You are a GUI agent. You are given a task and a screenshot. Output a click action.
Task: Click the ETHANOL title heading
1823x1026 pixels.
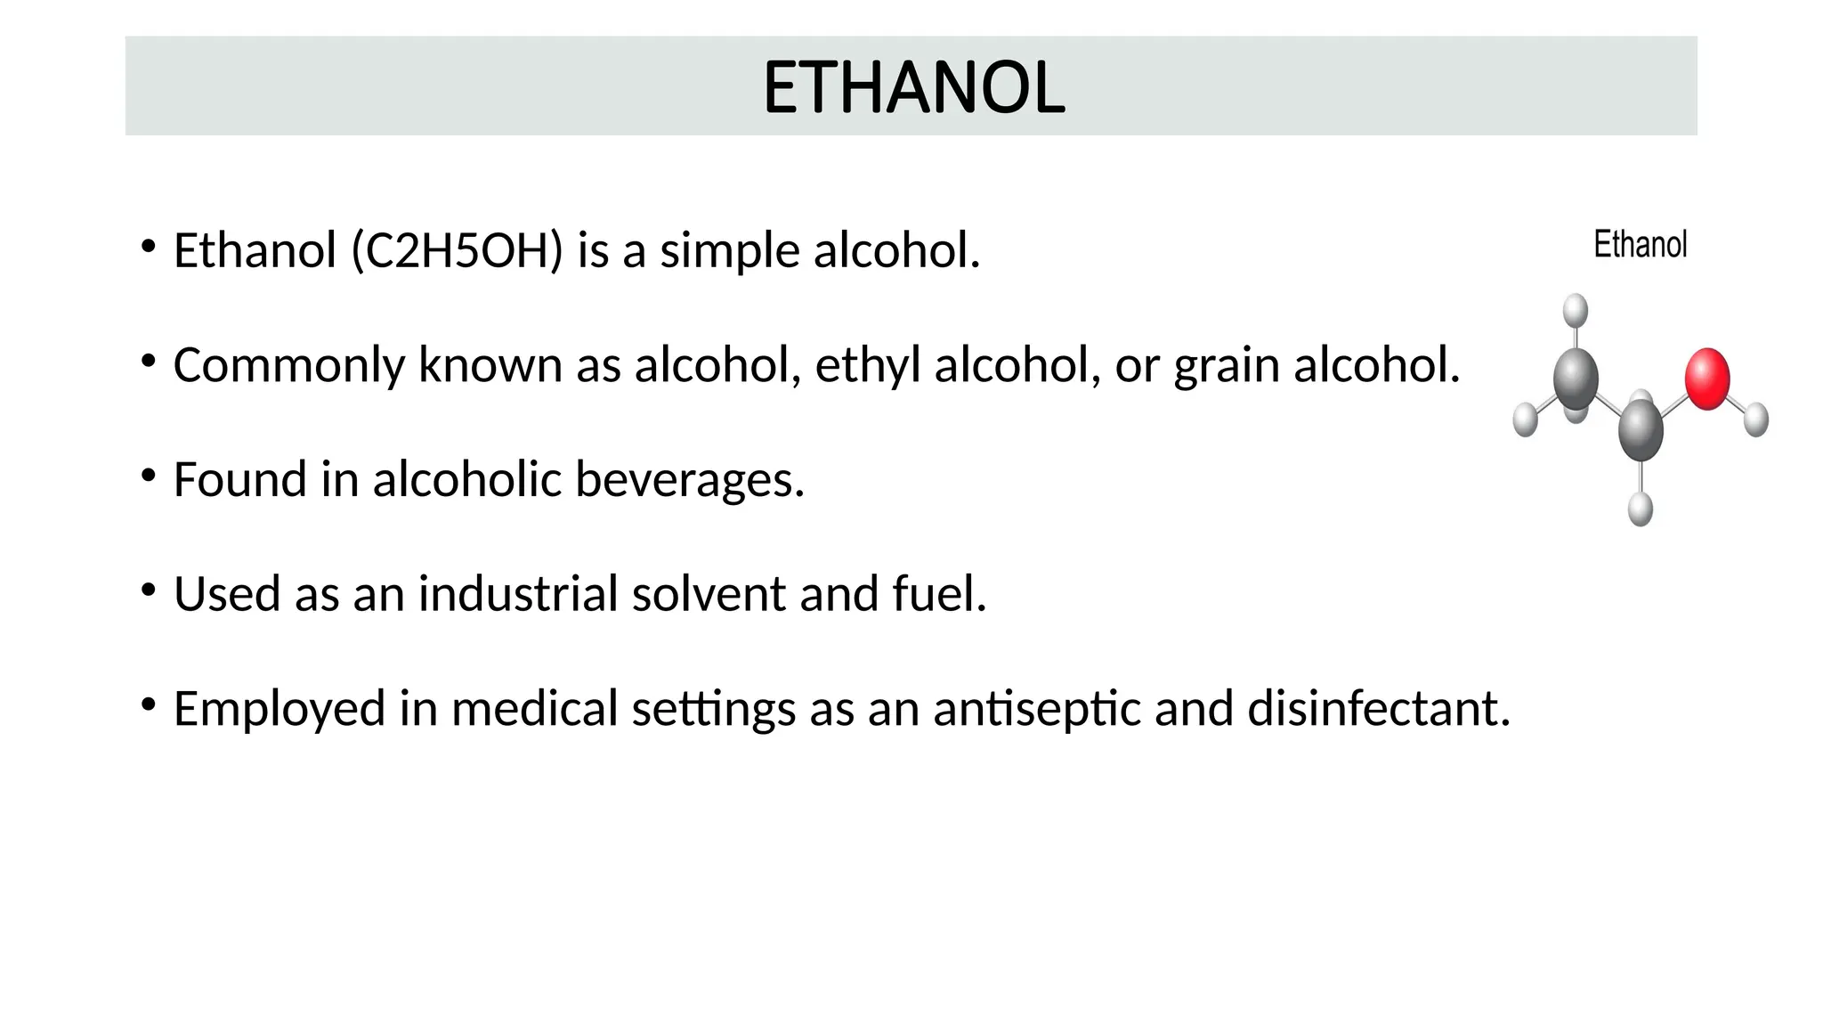point(913,87)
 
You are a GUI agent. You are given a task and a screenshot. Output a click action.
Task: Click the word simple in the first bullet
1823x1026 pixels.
point(729,250)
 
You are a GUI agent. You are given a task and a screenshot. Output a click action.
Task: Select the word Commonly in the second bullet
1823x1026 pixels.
point(288,365)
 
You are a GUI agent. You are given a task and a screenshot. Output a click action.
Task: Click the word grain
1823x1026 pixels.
point(1226,365)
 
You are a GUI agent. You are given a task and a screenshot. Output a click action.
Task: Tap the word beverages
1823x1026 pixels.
point(690,479)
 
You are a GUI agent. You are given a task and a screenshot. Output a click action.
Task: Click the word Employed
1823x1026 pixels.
point(279,709)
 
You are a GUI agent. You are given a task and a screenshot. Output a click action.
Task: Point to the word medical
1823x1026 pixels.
point(534,709)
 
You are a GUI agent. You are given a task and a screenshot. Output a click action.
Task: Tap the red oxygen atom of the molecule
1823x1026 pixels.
point(1706,379)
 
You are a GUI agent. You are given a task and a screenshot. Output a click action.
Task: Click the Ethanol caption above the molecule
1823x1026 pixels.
point(1640,245)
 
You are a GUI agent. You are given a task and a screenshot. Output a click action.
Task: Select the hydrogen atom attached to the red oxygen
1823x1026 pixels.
point(1755,419)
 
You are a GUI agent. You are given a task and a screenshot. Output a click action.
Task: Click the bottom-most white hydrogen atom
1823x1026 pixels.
point(1640,509)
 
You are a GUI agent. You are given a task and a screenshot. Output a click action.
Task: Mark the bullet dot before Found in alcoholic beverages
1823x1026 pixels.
point(149,476)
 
